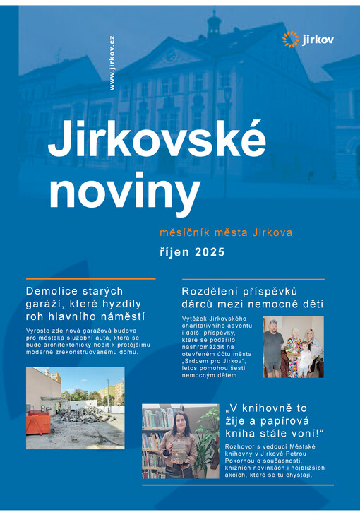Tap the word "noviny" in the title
click(124, 191)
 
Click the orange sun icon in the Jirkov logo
click(291, 40)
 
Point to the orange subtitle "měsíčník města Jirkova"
click(226, 232)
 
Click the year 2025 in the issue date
click(210, 251)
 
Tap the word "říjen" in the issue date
click(176, 251)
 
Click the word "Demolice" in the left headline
click(54, 291)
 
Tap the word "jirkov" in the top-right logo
click(318, 40)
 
